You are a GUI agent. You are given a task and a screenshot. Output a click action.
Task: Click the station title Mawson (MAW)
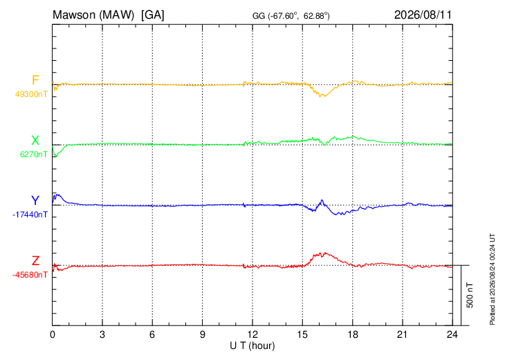click(93, 15)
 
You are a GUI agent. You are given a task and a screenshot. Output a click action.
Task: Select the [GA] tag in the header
click(153, 15)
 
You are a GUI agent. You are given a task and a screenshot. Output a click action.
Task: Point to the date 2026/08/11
click(423, 15)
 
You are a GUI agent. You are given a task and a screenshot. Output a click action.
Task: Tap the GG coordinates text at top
click(291, 16)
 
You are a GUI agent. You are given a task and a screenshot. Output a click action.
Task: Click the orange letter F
click(35, 80)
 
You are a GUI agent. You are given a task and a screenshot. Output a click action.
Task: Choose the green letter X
click(35, 141)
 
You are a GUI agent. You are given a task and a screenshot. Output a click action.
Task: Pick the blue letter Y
click(35, 201)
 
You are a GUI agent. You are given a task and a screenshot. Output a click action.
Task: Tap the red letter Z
click(35, 260)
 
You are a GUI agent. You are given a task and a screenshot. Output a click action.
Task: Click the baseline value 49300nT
click(31, 94)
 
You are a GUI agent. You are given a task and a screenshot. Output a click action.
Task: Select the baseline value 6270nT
click(33, 154)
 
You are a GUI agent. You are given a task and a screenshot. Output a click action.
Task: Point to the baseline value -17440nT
click(30, 215)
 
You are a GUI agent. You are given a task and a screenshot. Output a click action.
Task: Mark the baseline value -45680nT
click(30, 275)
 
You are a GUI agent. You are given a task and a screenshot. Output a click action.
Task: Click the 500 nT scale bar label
click(470, 295)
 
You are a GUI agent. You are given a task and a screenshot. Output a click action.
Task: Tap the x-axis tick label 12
click(252, 334)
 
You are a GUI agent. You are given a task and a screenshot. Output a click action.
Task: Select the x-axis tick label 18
click(353, 334)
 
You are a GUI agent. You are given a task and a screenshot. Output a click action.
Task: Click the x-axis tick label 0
click(53, 334)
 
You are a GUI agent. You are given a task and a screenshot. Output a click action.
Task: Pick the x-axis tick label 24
click(452, 334)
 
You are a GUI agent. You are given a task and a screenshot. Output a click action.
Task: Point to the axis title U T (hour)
click(252, 346)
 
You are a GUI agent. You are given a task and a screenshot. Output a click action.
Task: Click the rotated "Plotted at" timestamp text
click(492, 279)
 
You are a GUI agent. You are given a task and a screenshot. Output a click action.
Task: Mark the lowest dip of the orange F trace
click(320, 96)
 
